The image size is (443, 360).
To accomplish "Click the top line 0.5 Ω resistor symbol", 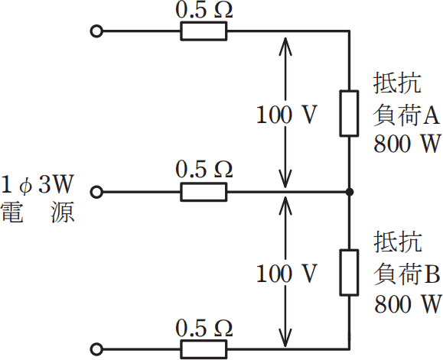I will coord(204,31).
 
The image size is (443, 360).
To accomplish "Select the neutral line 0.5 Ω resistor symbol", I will coord(204,192).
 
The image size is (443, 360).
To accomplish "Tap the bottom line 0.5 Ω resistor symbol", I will coord(204,349).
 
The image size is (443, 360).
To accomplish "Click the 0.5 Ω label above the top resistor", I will coord(204,11).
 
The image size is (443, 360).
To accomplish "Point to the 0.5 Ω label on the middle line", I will coord(204,170).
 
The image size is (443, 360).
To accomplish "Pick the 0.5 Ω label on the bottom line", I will coord(204,329).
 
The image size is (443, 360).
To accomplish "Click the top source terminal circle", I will coord(96,31).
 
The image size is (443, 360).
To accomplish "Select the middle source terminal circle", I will coord(96,192).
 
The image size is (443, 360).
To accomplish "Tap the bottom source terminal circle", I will coord(96,349).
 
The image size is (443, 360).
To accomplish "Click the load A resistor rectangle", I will coord(349,113).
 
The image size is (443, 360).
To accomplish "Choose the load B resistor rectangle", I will coord(349,271).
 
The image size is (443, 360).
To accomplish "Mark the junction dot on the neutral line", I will coord(349,192).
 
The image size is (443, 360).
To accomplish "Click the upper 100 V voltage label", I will coord(286,115).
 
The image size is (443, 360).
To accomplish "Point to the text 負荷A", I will coord(406,115).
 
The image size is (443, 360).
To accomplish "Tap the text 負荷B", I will coord(406,272).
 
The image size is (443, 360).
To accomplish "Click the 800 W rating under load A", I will coord(406,144).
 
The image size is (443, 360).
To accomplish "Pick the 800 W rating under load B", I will coord(406,303).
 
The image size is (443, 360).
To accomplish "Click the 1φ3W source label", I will coord(38,185).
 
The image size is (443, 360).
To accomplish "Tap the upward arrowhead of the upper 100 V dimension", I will coord(285,40).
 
